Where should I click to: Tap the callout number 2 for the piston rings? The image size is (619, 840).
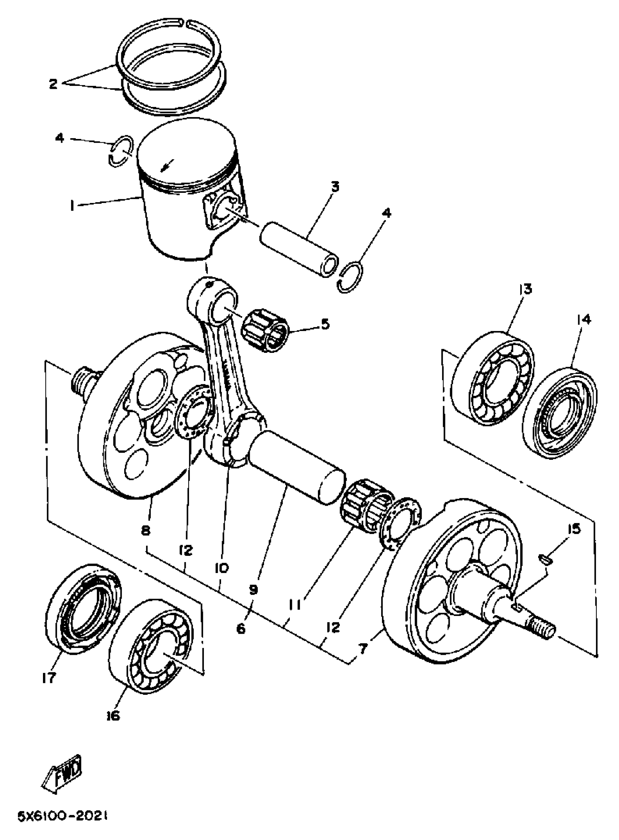coord(53,83)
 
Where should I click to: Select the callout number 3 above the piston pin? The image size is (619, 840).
coord(335,187)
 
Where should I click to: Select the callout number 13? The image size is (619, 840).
coord(525,289)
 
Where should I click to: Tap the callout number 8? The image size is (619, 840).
coord(146,530)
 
